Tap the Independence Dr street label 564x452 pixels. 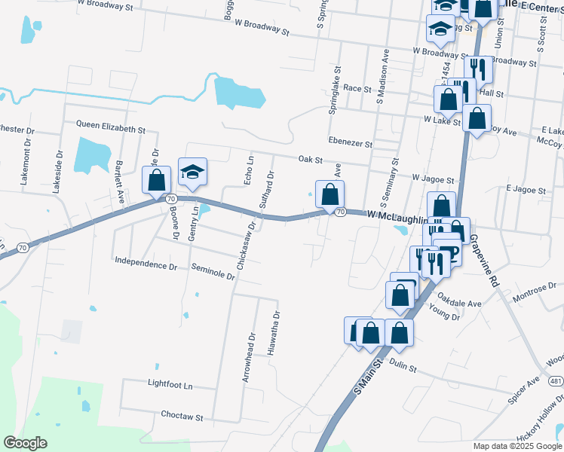tap(146, 266)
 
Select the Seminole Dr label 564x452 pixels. tap(213, 273)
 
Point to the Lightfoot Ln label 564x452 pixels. tap(170, 385)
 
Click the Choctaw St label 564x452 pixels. tap(182, 416)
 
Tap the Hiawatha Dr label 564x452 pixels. tap(277, 334)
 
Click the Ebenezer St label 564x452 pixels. tap(350, 142)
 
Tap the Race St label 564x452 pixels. tap(357, 88)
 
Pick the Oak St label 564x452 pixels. tap(310, 160)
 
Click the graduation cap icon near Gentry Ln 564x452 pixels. tap(192, 172)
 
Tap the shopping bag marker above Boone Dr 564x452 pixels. tap(156, 180)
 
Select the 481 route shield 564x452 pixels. tap(556, 381)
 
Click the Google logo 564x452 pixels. tap(25, 442)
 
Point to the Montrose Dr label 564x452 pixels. tap(534, 293)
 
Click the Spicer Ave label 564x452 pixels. tap(523, 389)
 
